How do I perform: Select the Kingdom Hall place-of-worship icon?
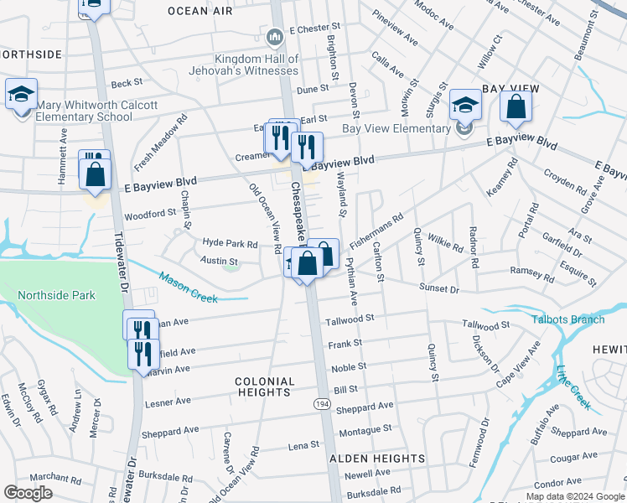[x=275, y=38]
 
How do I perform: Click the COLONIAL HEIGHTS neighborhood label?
[x=265, y=386]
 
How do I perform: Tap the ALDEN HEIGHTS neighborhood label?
[x=376, y=459]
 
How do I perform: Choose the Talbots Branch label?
[x=567, y=319]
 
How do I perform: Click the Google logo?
[x=28, y=492]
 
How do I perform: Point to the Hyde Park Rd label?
[x=230, y=243]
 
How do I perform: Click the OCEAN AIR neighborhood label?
[x=200, y=11]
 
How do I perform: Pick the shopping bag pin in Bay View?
[x=516, y=106]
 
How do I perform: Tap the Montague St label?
[x=365, y=429]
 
